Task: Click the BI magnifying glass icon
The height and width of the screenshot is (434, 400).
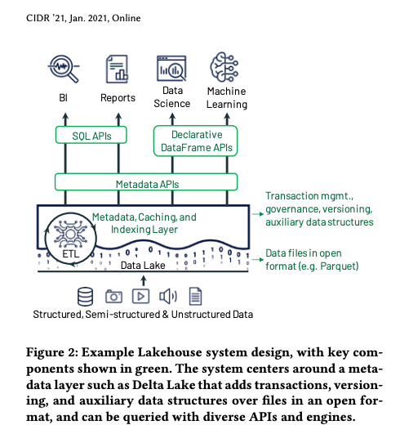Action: (64, 68)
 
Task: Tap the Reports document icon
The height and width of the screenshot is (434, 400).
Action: (118, 69)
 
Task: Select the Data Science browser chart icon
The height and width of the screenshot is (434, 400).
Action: (171, 68)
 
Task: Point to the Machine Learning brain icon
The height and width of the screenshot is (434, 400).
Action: (224, 67)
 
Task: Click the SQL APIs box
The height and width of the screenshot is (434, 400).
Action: (91, 135)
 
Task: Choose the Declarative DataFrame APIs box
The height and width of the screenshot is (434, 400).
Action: (195, 141)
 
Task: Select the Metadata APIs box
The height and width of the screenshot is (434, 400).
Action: (146, 182)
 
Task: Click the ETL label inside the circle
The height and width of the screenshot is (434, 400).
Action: (70, 253)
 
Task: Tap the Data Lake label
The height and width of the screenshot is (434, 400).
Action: (143, 266)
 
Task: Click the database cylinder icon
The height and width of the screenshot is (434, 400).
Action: (85, 297)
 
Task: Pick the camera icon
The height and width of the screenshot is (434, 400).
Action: (113, 297)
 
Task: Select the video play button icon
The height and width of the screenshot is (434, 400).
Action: (140, 297)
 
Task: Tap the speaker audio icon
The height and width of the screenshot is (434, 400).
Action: (168, 297)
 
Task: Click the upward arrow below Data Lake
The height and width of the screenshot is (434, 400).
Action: (144, 280)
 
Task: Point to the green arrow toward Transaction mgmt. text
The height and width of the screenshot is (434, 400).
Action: (258, 214)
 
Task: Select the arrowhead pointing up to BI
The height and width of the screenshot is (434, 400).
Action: (65, 115)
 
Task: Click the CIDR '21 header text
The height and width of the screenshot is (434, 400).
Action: (47, 18)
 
